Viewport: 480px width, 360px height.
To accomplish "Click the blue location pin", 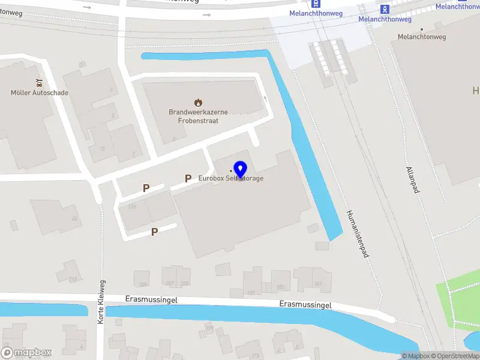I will pos(241,170).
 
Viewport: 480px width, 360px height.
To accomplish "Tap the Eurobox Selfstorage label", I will pos(231,178).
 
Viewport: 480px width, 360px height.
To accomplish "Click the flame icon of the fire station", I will pos(198,103).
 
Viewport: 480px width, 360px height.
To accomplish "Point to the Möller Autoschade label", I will pos(40,93).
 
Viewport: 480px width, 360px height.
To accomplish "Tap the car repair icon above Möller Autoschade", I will pos(40,83).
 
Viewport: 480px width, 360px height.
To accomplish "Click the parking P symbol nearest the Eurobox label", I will pos(188,178).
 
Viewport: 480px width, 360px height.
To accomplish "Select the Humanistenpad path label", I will pos(356,234).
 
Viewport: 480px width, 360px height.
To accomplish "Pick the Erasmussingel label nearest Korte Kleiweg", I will pos(151,299).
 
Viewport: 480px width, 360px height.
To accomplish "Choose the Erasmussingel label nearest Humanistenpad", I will pos(305,305).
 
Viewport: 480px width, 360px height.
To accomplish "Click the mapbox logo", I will pos(26,353).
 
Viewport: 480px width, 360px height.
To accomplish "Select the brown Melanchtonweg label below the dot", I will pos(422,37).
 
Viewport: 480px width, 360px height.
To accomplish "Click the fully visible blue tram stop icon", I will pos(385,8).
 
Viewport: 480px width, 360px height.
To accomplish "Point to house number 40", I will pos(74,219).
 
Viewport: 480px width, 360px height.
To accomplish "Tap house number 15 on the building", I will pos(103,148).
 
